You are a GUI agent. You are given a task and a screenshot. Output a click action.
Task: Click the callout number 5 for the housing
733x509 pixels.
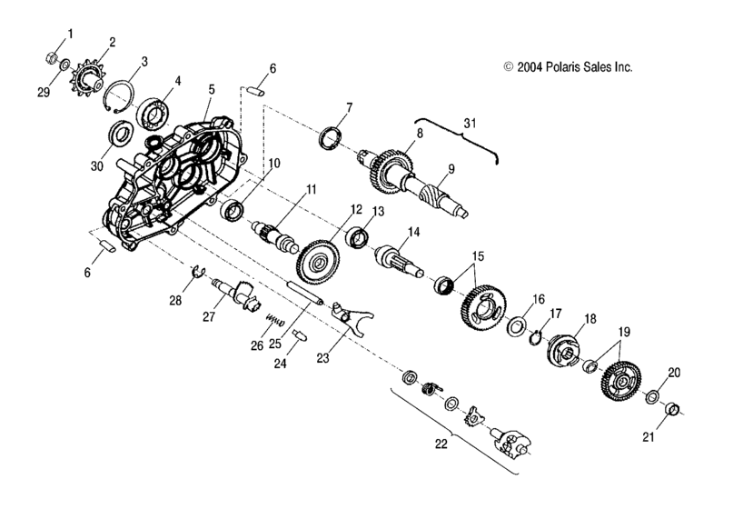(211, 91)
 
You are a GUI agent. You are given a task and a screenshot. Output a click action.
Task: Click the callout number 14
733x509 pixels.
(413, 233)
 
